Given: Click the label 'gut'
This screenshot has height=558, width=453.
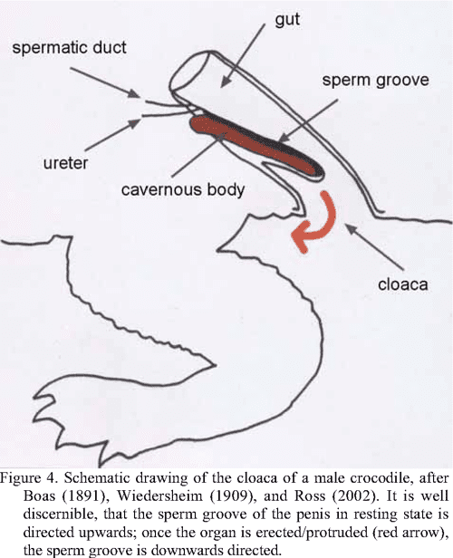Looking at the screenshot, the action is pos(287,20).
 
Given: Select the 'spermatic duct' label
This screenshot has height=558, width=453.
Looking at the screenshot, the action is pos(69,48).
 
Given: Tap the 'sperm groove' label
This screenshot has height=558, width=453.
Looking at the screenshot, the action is pos(375,80).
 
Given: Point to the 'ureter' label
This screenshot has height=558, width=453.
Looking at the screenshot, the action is pos(65,163).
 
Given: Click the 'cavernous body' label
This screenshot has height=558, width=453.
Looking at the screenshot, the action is pos(183,189).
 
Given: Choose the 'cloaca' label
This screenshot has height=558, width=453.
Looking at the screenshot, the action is pos(402,284).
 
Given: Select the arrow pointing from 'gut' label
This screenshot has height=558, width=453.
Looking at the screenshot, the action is pos(243,56).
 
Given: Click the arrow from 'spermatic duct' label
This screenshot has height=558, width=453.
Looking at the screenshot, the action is pos(105,82).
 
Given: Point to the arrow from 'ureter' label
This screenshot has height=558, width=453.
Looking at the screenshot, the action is pos(113,135).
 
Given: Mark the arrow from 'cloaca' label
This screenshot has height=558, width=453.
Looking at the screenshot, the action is pos(375,245).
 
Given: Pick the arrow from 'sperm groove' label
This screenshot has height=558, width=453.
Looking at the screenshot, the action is pos(307,120).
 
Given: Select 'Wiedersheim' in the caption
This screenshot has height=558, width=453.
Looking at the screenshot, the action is pos(160,495).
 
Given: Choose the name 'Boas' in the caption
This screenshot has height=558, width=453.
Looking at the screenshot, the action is pos(39,495).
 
